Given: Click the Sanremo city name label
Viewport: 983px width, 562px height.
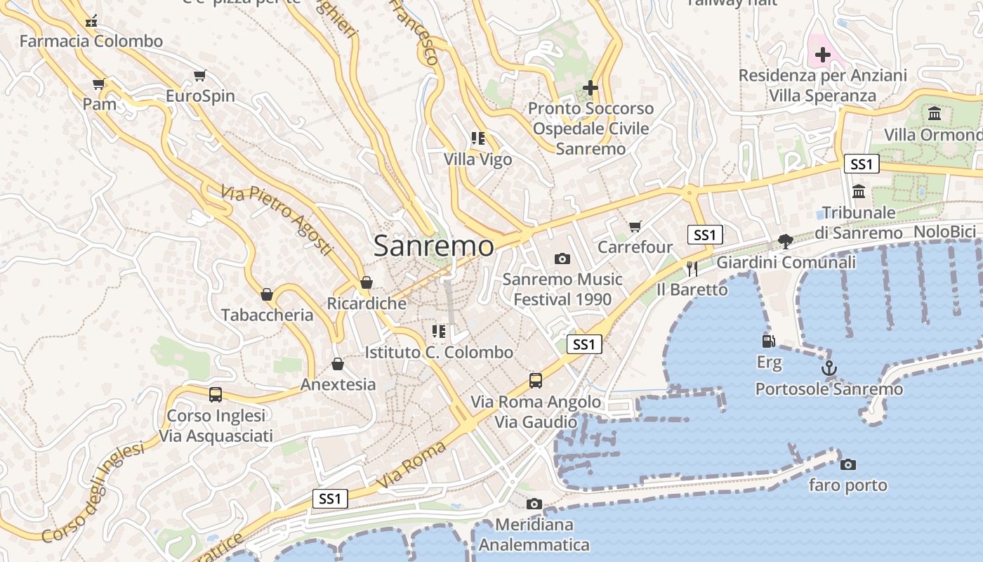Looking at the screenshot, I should pos(433,246).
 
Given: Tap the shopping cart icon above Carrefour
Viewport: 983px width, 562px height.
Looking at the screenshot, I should pos(635,226).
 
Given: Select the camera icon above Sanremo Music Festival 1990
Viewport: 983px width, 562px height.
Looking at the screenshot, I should pos(562,259).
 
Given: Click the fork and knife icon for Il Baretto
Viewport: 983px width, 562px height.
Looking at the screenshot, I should pos(692,268).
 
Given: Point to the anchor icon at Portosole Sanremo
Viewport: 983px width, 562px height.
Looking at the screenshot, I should pos(829,367).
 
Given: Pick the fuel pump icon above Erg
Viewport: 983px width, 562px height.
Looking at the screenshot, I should pos(769,341).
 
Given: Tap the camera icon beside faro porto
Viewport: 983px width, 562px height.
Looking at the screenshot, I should pos(848,464).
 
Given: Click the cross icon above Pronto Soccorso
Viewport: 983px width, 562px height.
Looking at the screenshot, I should pos(591,88).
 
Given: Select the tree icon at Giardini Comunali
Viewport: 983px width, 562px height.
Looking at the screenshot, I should pos(786,242).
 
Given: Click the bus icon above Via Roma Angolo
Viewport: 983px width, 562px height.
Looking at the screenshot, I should pos(536,381).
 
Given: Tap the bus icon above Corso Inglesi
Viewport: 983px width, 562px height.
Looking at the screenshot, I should pos(216,395).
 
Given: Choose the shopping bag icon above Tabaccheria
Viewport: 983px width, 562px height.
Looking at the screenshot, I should pos(267,294).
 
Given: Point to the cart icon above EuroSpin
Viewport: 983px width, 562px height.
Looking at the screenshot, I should pos(200,75).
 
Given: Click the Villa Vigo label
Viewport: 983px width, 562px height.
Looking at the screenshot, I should pos(478,159).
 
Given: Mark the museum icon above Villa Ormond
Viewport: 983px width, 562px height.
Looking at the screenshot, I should pos(935,114).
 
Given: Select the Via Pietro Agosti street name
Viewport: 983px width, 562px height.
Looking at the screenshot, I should pos(277,220).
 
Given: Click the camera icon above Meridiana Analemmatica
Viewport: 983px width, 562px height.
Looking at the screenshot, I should pos(534,504).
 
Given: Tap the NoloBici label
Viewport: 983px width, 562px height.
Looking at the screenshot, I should pos(944,232).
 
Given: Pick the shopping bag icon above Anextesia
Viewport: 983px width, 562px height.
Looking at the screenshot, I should pos(338,364).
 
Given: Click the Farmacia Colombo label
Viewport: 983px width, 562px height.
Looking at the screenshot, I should pos(91,41).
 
